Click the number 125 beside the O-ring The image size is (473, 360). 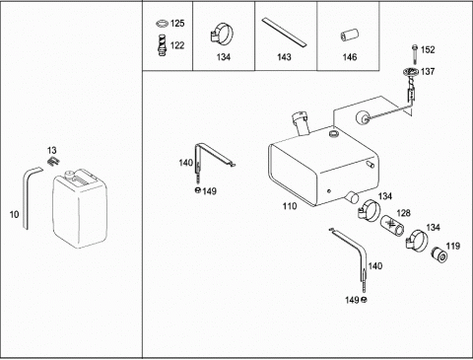pyautogui.click(x=177, y=24)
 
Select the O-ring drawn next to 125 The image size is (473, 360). pyautogui.click(x=162, y=24)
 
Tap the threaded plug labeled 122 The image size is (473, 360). pyautogui.click(x=163, y=45)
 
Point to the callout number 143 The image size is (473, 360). pyautogui.click(x=284, y=57)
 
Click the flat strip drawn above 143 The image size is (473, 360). pyautogui.click(x=284, y=32)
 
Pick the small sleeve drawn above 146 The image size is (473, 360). pyautogui.click(x=349, y=36)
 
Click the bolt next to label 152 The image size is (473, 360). pyautogui.click(x=415, y=54)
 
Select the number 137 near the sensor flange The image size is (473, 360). pyautogui.click(x=428, y=71)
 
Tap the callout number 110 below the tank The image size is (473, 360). pyautogui.click(x=290, y=206)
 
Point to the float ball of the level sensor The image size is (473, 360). pyautogui.click(x=363, y=117)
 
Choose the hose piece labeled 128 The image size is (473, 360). pyautogui.click(x=392, y=225)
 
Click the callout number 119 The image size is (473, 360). pyautogui.click(x=453, y=246)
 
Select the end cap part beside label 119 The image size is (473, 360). pyautogui.click(x=439, y=254)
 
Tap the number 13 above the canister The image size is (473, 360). pyautogui.click(x=51, y=151)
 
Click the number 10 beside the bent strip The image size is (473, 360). pyautogui.click(x=14, y=215)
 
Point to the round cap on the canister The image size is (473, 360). pyautogui.click(x=69, y=175)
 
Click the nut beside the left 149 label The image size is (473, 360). pyautogui.click(x=198, y=190)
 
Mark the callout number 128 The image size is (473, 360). pyautogui.click(x=403, y=213)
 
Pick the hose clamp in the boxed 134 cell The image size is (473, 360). pyautogui.click(x=221, y=34)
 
